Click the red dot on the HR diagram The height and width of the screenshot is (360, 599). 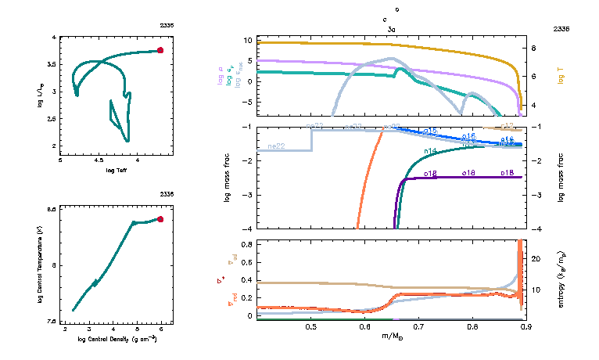click(x=160, y=50)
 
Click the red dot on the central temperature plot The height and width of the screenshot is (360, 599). click(x=160, y=219)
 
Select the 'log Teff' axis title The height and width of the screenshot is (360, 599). click(x=117, y=170)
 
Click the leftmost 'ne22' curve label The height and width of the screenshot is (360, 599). click(x=276, y=146)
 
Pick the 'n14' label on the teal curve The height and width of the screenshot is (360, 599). click(x=430, y=150)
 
